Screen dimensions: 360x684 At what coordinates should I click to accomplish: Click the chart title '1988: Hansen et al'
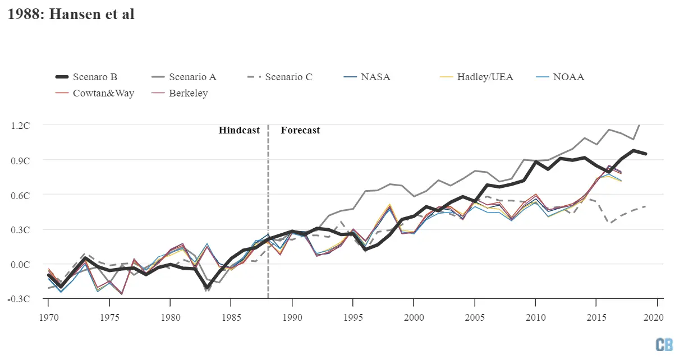click(x=71, y=15)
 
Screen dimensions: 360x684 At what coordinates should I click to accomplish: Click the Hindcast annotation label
click(x=239, y=130)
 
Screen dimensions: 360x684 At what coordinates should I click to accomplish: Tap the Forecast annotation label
click(x=300, y=130)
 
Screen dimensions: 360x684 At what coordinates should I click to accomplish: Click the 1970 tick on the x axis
click(x=49, y=317)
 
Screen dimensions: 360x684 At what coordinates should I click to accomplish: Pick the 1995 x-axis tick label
click(x=352, y=317)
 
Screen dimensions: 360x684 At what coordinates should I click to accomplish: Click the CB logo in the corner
click(x=664, y=344)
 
